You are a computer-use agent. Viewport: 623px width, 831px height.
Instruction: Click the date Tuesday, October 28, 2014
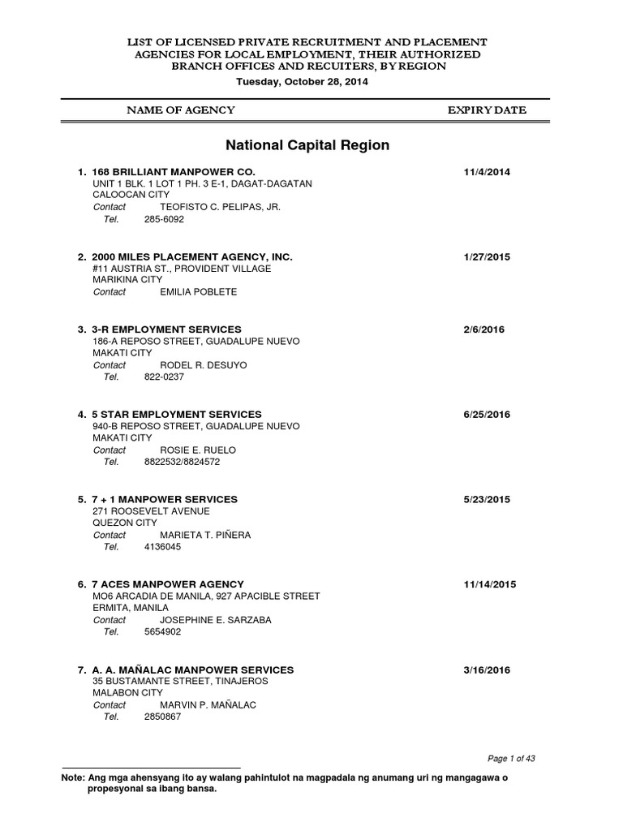(x=302, y=82)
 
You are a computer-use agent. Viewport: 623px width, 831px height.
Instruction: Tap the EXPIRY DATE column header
(x=487, y=110)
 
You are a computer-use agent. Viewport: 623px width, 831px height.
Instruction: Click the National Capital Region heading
(x=307, y=146)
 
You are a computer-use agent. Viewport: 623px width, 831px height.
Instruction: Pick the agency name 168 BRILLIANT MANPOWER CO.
(x=174, y=172)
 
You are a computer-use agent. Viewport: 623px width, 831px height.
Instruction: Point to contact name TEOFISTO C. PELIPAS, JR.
(x=221, y=207)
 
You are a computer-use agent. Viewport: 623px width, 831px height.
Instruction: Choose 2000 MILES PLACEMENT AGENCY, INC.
(x=192, y=256)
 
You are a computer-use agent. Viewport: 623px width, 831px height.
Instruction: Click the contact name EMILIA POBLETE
(x=199, y=292)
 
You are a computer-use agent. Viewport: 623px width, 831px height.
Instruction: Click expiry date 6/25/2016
(x=487, y=415)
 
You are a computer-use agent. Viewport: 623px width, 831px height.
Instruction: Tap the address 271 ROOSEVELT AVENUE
(x=151, y=511)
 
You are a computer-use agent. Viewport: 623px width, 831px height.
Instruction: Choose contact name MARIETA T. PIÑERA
(x=206, y=536)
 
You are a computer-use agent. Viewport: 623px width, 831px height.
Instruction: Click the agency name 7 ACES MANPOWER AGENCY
(x=168, y=584)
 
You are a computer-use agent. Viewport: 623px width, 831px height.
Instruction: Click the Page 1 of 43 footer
(x=511, y=759)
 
